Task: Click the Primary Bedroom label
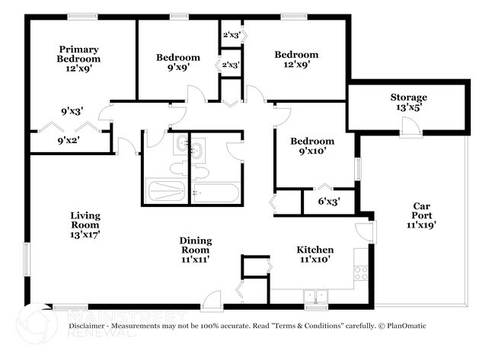coord(79,54)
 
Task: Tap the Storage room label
coord(409,97)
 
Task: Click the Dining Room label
coord(196,246)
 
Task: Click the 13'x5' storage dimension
coord(409,108)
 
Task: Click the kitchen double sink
coord(314,295)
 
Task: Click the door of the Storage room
coord(411,130)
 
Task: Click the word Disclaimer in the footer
coord(89,326)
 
